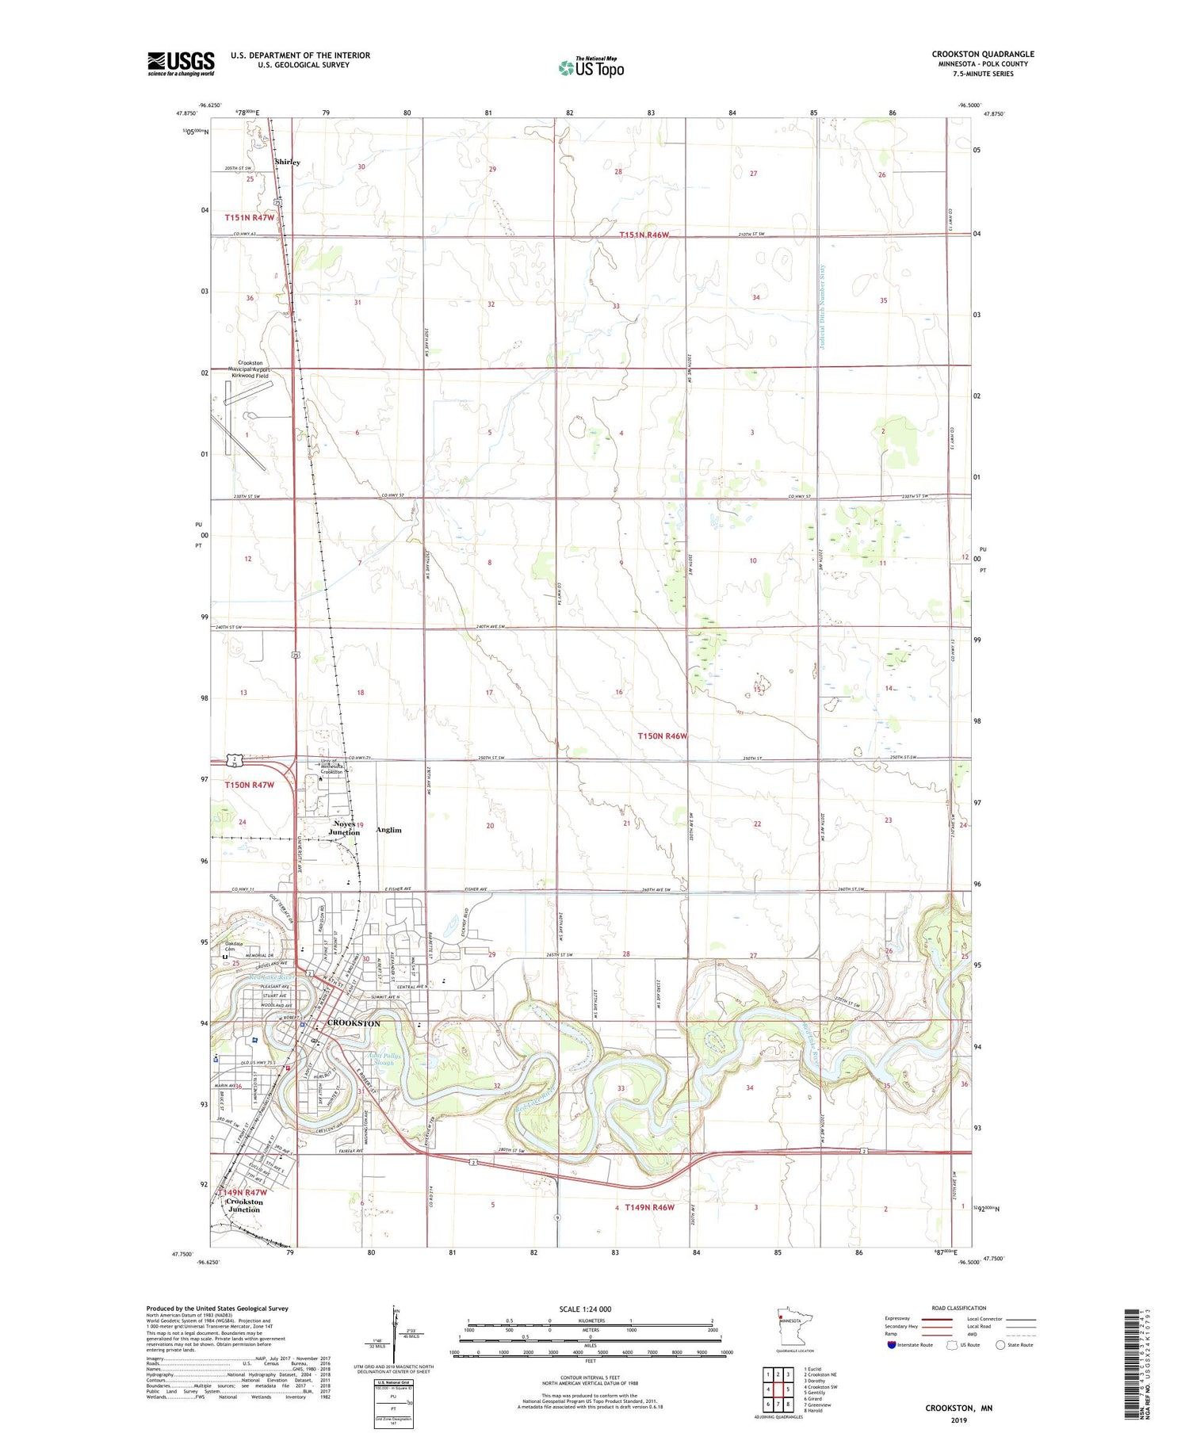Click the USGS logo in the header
tap(181, 63)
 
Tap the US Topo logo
tap(591, 67)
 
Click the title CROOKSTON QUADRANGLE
tap(982, 55)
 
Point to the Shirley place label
tap(287, 162)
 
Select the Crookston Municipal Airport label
tap(247, 369)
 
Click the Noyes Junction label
tap(345, 828)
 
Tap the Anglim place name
tap(388, 830)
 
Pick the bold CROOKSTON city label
tap(354, 1023)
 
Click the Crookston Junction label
tap(244, 1206)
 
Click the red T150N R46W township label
tap(663, 736)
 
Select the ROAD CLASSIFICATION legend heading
tap(959, 1308)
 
